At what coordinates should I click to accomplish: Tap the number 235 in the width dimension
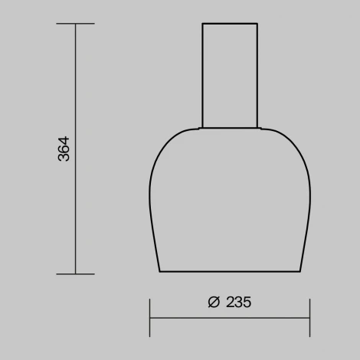coord(239,302)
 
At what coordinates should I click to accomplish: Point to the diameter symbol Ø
coord(214,302)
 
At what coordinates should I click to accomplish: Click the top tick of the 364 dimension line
coord(75,24)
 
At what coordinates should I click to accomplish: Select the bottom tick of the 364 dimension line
coord(75,273)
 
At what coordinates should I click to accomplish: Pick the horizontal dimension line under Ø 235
coord(230,317)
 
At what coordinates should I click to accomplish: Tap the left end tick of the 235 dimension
coord(149,317)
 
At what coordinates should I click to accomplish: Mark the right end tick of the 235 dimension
coord(309,317)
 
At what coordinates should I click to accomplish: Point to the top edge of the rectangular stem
coord(230,24)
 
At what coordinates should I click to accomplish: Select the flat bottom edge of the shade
coord(230,271)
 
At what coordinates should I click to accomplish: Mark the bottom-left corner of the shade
coord(160,271)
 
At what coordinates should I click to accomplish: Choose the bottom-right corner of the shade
coord(299,271)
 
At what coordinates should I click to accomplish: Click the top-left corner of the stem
coord(202,24)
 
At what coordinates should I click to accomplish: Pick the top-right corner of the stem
coord(257,24)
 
